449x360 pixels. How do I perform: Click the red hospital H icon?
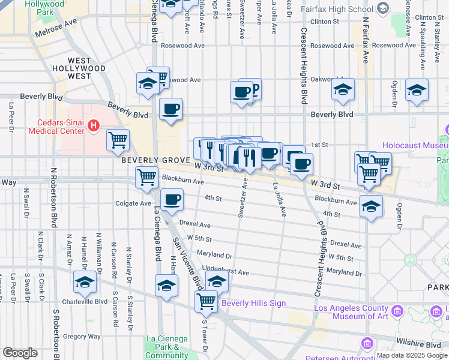94,125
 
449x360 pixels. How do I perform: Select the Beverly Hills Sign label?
253,303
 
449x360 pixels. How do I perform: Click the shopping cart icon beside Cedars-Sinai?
118,140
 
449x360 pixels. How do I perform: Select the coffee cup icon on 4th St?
172,200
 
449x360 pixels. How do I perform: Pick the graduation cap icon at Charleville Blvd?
85,281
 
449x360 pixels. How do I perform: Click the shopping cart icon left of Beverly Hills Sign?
206,300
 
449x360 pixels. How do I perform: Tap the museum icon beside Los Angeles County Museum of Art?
397,311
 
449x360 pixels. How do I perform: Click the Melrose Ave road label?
57,29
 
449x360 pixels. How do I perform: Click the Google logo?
20,353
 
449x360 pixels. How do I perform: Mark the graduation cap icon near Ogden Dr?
417,89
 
